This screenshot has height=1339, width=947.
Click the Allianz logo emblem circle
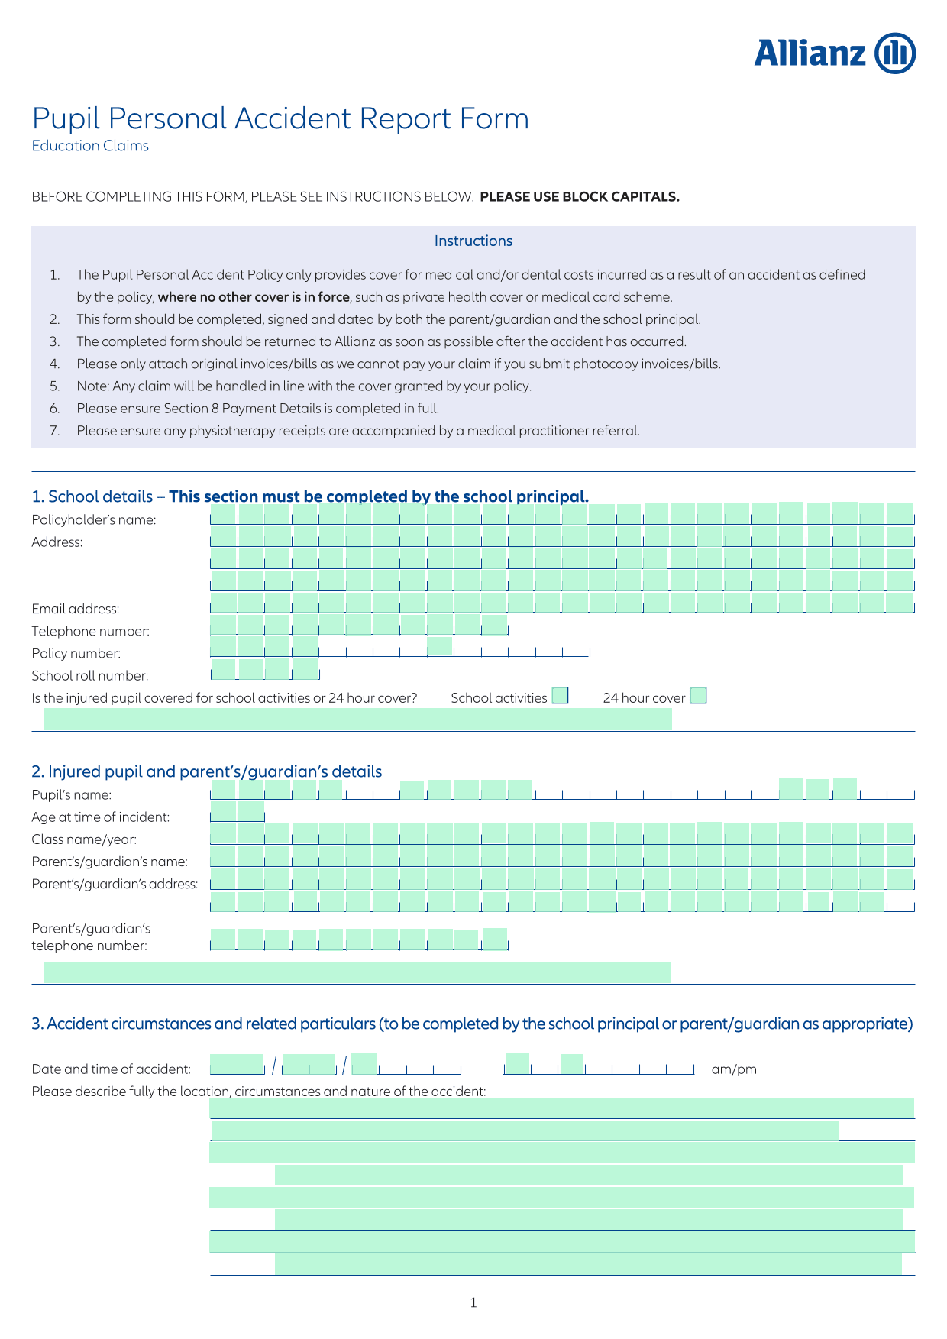894,53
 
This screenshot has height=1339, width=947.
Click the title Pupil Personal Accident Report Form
280,119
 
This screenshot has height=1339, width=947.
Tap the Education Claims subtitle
90,146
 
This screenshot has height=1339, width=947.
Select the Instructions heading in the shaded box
473,241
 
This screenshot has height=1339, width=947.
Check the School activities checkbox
561,696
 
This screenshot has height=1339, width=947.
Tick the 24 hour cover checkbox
698,696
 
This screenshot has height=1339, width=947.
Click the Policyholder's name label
94,520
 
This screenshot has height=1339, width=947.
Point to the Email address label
76,609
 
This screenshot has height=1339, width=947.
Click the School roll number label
90,676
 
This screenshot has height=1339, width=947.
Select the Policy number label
76,653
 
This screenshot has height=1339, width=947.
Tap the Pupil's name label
72,795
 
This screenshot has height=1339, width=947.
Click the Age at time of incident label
101,817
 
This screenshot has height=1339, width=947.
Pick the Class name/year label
85,839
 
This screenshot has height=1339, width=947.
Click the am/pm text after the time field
734,1069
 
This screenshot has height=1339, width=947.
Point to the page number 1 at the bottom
473,1302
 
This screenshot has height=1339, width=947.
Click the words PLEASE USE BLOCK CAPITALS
580,196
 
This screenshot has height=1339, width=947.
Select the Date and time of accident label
112,1069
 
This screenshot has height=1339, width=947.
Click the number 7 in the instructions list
55,431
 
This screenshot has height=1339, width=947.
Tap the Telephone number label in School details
91,632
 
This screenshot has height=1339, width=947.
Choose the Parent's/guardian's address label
115,885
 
